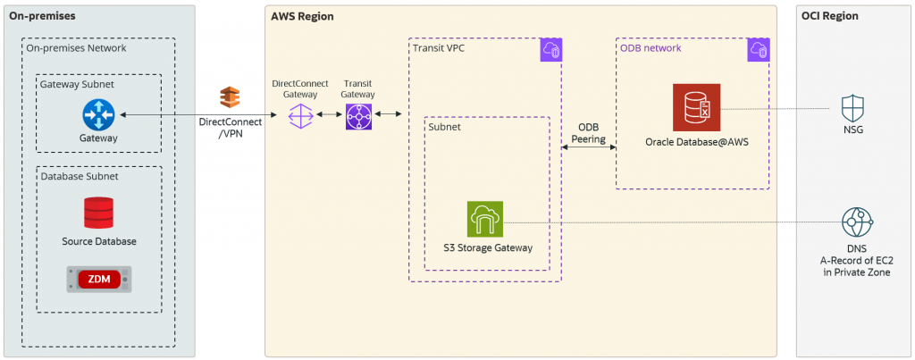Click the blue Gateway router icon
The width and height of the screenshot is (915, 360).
tap(97, 114)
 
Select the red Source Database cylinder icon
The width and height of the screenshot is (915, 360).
tap(98, 213)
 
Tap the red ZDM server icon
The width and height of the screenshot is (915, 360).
tap(98, 279)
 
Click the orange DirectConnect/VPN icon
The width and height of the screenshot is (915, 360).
tap(230, 97)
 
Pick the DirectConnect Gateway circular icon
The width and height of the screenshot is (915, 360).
tap(300, 116)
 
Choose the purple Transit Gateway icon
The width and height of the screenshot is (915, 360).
tap(358, 116)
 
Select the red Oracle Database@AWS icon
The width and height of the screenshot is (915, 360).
tap(696, 108)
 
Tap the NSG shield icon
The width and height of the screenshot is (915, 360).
tap(852, 110)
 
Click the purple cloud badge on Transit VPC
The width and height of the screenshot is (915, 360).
tap(550, 51)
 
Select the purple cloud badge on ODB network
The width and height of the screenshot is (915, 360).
tap(758, 51)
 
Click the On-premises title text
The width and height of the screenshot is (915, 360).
tap(42, 16)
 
